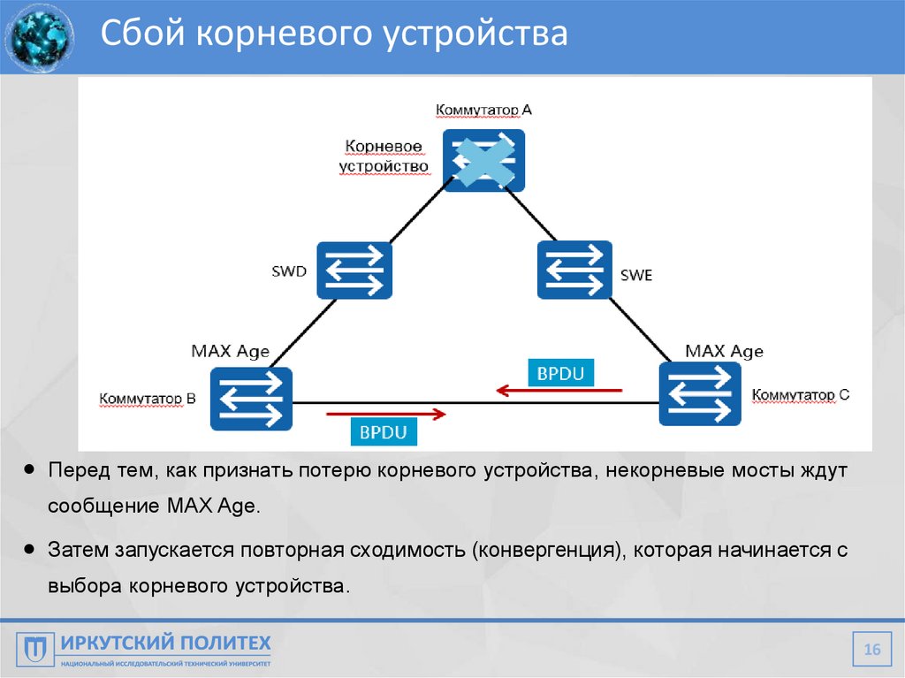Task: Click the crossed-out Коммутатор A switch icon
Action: coord(483,161)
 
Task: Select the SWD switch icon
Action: coord(354,270)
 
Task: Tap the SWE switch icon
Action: coord(574,270)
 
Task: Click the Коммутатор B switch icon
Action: coord(251,398)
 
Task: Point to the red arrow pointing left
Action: coord(559,390)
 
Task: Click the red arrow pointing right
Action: coord(386,413)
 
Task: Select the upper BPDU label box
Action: coord(559,373)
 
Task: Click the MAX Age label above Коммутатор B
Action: coord(230,351)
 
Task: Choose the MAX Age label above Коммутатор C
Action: coord(724,351)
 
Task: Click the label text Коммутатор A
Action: coord(483,110)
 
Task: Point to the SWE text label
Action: coord(635,276)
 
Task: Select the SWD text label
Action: coord(289,271)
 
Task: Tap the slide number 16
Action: coord(872,650)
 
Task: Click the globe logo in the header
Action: coord(38,37)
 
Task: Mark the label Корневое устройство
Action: coord(384,156)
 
